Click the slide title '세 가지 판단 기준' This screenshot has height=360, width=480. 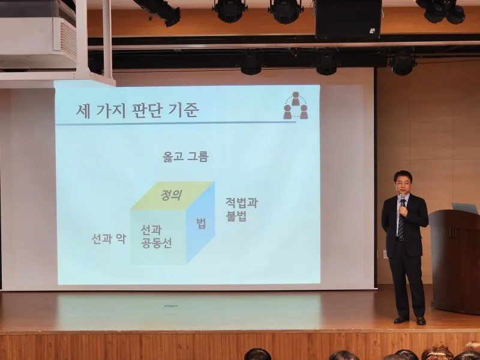[x=137, y=110]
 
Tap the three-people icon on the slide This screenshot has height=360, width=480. [x=296, y=106]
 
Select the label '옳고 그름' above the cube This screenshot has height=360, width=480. [x=185, y=157]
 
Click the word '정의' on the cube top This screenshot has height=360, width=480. [x=172, y=194]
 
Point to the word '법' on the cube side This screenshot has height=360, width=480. [x=201, y=223]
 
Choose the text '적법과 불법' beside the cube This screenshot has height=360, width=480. [x=242, y=209]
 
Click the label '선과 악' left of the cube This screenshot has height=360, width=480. [x=109, y=238]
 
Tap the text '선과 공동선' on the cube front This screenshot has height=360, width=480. [x=156, y=236]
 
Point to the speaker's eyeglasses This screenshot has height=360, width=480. [x=402, y=183]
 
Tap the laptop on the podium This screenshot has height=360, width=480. [x=464, y=208]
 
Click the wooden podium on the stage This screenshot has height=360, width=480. [x=455, y=261]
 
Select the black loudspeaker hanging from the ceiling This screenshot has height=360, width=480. [x=349, y=19]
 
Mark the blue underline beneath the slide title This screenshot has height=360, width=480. [x=176, y=123]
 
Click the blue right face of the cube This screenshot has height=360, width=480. [x=200, y=222]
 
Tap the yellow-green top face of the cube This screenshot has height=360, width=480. [x=173, y=196]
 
